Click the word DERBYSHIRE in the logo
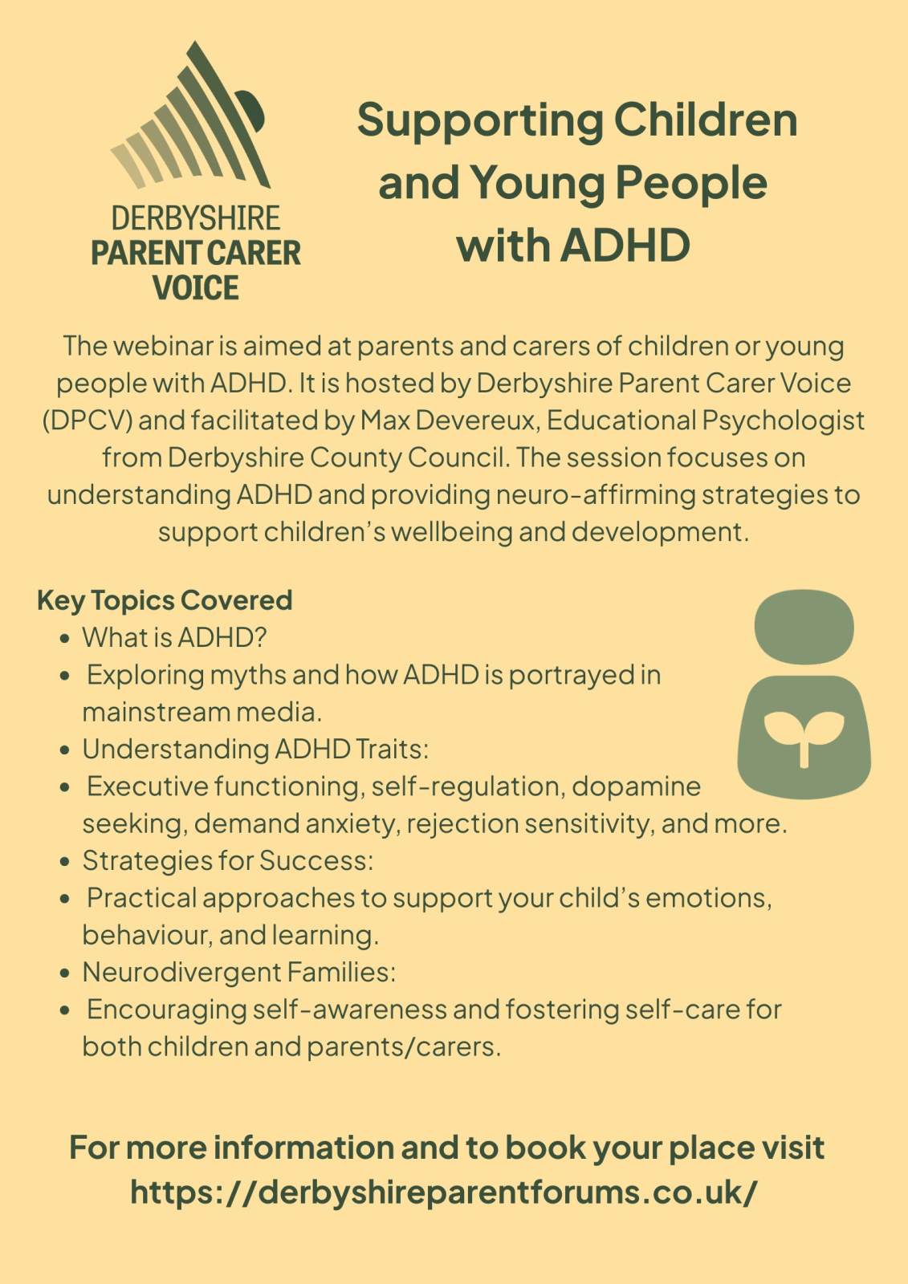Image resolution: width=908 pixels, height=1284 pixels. click(x=196, y=217)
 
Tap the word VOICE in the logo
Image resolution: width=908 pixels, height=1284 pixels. click(x=196, y=287)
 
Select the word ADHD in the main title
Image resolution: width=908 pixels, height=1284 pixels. click(x=625, y=246)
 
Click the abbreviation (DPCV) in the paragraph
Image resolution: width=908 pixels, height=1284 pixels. click(x=88, y=421)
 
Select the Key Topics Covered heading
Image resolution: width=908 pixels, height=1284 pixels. click(x=165, y=600)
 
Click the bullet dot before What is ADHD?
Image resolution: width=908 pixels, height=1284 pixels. click(x=65, y=639)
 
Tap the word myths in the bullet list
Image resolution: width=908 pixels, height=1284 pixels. click(x=248, y=675)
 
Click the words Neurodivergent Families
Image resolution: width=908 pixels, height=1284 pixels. click(x=239, y=972)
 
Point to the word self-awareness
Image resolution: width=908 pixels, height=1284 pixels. click(x=349, y=1010)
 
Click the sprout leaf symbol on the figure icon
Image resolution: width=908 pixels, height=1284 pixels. click(x=804, y=737)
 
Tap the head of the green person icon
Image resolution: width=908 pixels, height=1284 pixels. click(x=804, y=627)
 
